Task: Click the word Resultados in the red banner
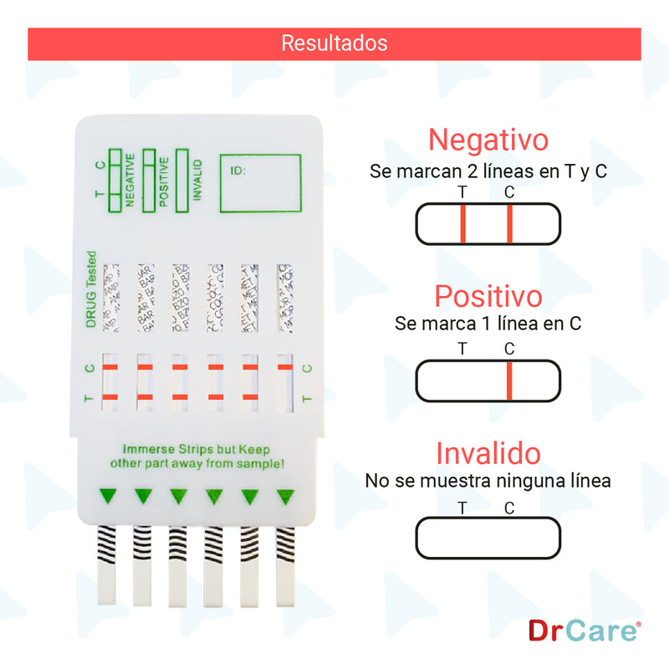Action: [x=334, y=43]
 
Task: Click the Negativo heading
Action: [x=488, y=139]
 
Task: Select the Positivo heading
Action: [x=488, y=296]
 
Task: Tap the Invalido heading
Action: [x=488, y=454]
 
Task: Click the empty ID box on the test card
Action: [x=260, y=183]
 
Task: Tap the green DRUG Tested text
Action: [x=91, y=289]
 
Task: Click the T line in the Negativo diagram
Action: [x=462, y=224]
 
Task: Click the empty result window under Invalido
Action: [x=488, y=538]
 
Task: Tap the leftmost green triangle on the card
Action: [x=106, y=496]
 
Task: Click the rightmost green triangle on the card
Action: [x=287, y=496]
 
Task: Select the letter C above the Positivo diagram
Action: [x=509, y=349]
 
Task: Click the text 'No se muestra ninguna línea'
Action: [x=488, y=482]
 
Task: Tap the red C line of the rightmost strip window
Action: [x=285, y=367]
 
